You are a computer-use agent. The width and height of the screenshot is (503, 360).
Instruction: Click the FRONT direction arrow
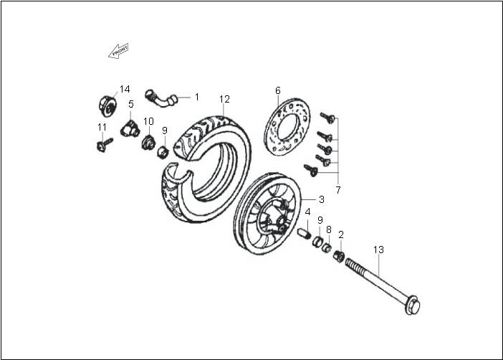pos(118,51)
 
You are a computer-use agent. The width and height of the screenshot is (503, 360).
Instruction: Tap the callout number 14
pos(125,89)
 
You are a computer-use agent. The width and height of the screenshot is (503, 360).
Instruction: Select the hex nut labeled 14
pos(107,105)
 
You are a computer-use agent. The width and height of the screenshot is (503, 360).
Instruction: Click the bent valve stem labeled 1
pos(161,98)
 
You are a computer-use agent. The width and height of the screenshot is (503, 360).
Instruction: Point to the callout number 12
pos(224,99)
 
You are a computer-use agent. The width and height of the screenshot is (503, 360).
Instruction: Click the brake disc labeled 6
pos(287,127)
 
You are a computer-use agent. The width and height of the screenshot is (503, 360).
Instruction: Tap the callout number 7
pos(338,190)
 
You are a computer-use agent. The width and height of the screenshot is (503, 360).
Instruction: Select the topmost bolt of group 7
pos(327,118)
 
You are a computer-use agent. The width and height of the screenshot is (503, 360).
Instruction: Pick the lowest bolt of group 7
pos(310,170)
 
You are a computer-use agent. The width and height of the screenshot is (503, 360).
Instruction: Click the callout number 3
pos(322,199)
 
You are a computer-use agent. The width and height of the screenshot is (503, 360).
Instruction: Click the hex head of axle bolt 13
pos(413,305)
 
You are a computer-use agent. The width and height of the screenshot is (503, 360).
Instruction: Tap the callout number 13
pos(378,250)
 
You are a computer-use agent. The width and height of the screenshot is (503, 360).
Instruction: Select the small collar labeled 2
pos(339,256)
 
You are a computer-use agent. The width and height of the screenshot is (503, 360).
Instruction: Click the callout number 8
pos(328,229)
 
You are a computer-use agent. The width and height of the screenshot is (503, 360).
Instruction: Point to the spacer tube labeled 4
pos(304,234)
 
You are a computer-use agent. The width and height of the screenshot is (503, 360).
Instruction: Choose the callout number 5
pos(131,104)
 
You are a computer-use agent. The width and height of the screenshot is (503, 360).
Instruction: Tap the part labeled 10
pos(148,142)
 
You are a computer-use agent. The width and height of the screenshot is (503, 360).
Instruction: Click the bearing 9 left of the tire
pos(163,151)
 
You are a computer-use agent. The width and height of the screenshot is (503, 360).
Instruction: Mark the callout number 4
pos(307,212)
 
